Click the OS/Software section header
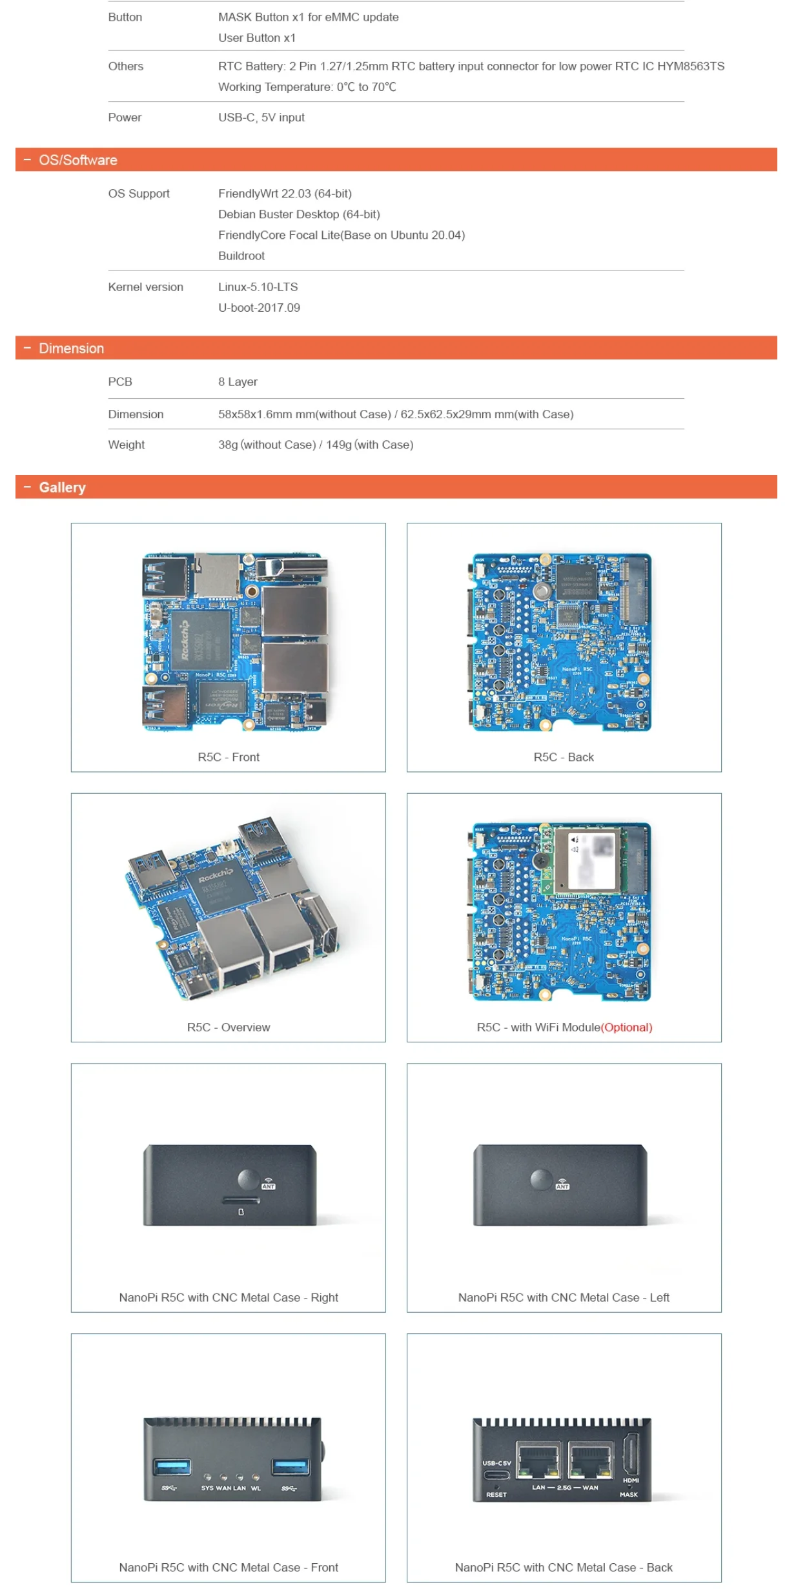click(x=77, y=160)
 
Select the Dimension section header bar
click(x=71, y=348)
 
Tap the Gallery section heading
click(x=62, y=487)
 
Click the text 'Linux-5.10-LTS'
click(x=258, y=287)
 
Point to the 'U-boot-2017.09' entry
click(x=259, y=307)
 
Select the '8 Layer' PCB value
click(x=238, y=381)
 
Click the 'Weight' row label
click(x=126, y=445)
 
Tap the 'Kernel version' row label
click(x=145, y=287)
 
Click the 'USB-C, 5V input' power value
click(x=261, y=117)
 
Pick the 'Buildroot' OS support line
click(x=241, y=256)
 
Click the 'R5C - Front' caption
click(x=228, y=757)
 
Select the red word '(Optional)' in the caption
click(x=626, y=1027)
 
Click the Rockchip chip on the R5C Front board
click(x=200, y=640)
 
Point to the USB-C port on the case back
click(x=496, y=1475)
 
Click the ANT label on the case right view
click(x=268, y=1186)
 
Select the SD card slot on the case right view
click(x=241, y=1201)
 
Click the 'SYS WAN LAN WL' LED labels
click(x=230, y=1488)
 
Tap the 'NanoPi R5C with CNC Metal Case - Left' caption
click(x=563, y=1297)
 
